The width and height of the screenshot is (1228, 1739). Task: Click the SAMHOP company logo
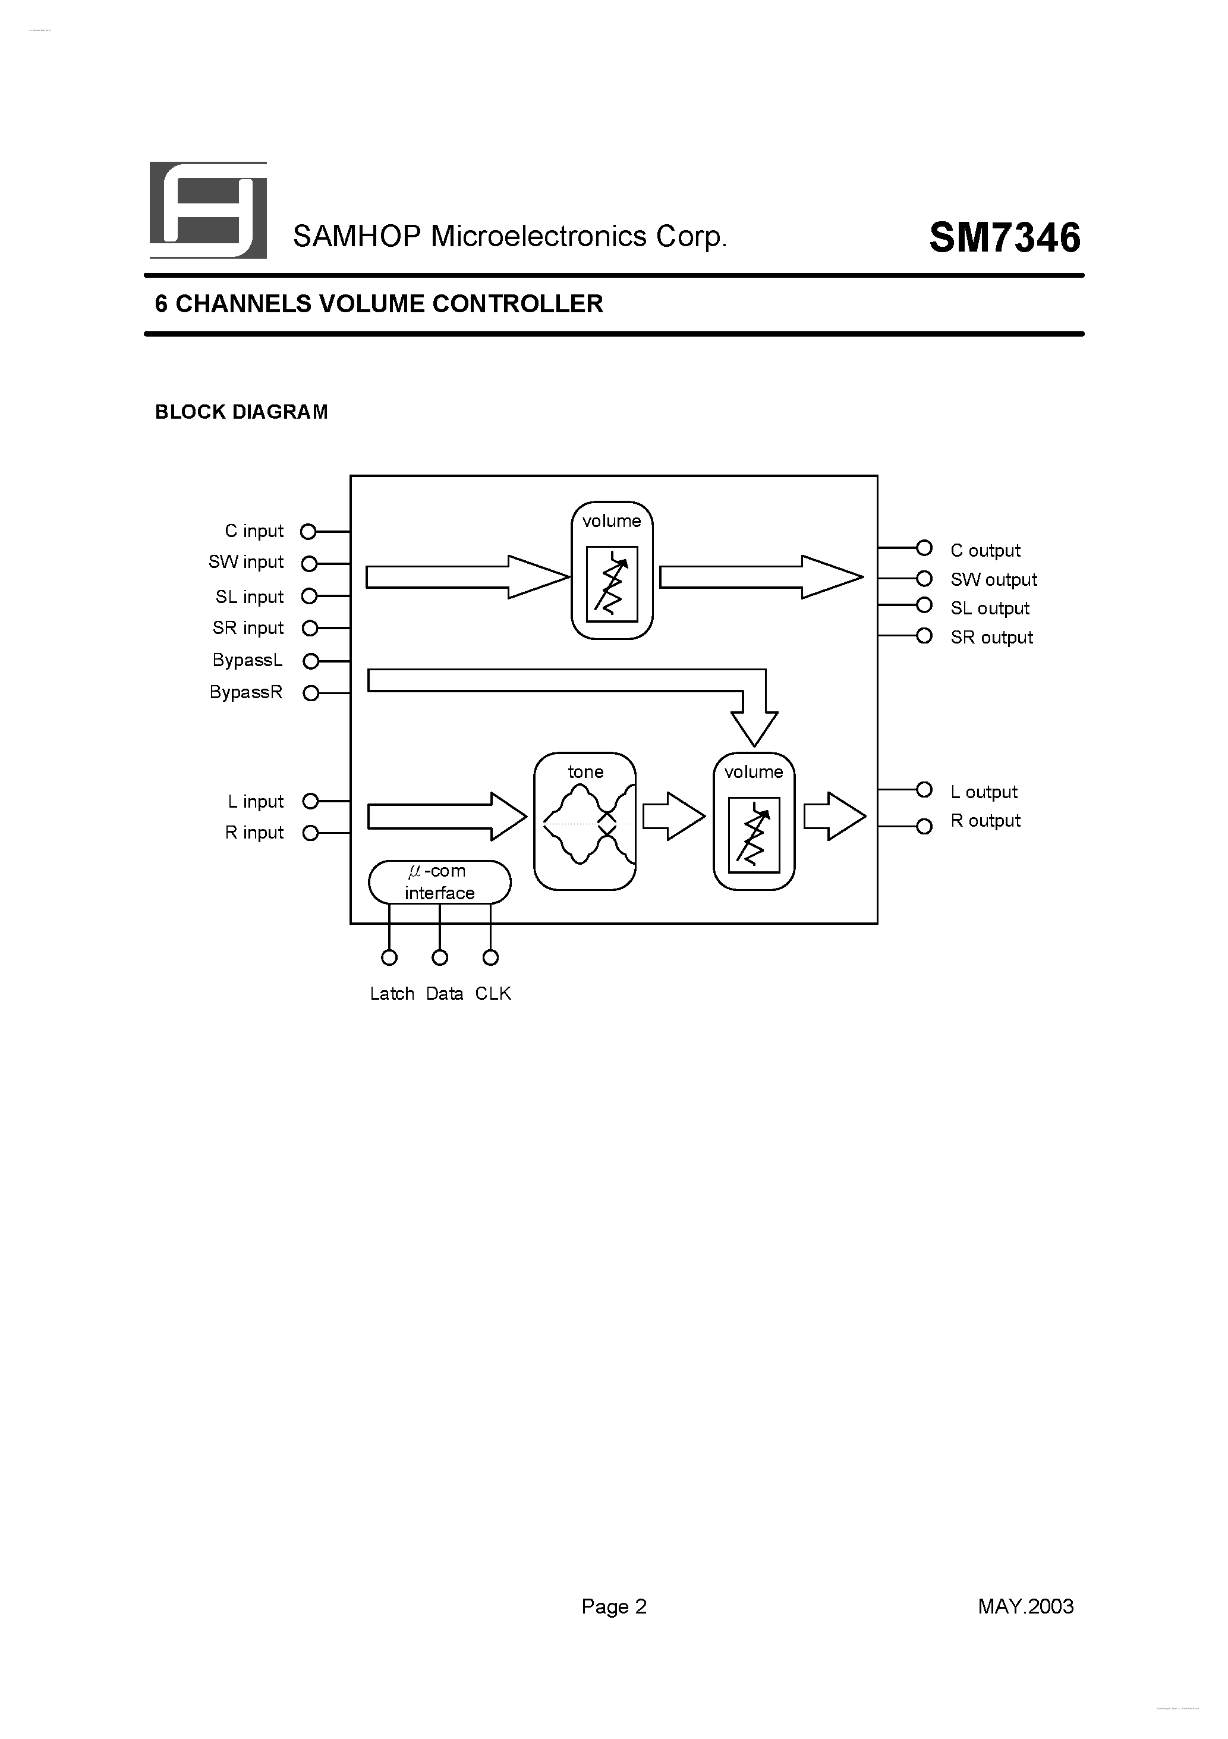click(x=208, y=210)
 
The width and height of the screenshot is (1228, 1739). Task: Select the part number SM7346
click(x=1004, y=238)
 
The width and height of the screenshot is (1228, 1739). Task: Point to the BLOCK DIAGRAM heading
click(x=241, y=412)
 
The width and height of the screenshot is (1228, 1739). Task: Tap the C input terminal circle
click(x=308, y=532)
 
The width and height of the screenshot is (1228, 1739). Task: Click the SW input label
click(x=246, y=562)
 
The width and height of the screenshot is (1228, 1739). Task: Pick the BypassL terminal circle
click(x=310, y=661)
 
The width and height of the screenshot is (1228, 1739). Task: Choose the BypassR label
click(x=246, y=692)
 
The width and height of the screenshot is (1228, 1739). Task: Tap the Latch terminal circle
click(x=389, y=958)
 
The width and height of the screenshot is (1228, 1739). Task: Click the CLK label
click(x=493, y=994)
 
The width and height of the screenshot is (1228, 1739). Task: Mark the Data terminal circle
click(x=440, y=958)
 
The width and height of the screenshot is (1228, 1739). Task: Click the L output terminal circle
click(x=924, y=790)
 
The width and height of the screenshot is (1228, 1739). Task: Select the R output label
click(x=985, y=821)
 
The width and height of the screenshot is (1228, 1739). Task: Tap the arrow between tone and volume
click(x=673, y=817)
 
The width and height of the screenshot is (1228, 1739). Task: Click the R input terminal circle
click(x=310, y=833)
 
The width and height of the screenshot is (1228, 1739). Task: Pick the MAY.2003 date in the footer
click(x=1025, y=1606)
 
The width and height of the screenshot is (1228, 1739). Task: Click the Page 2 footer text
click(x=614, y=1606)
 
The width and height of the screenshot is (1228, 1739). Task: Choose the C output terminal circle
click(x=924, y=548)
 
